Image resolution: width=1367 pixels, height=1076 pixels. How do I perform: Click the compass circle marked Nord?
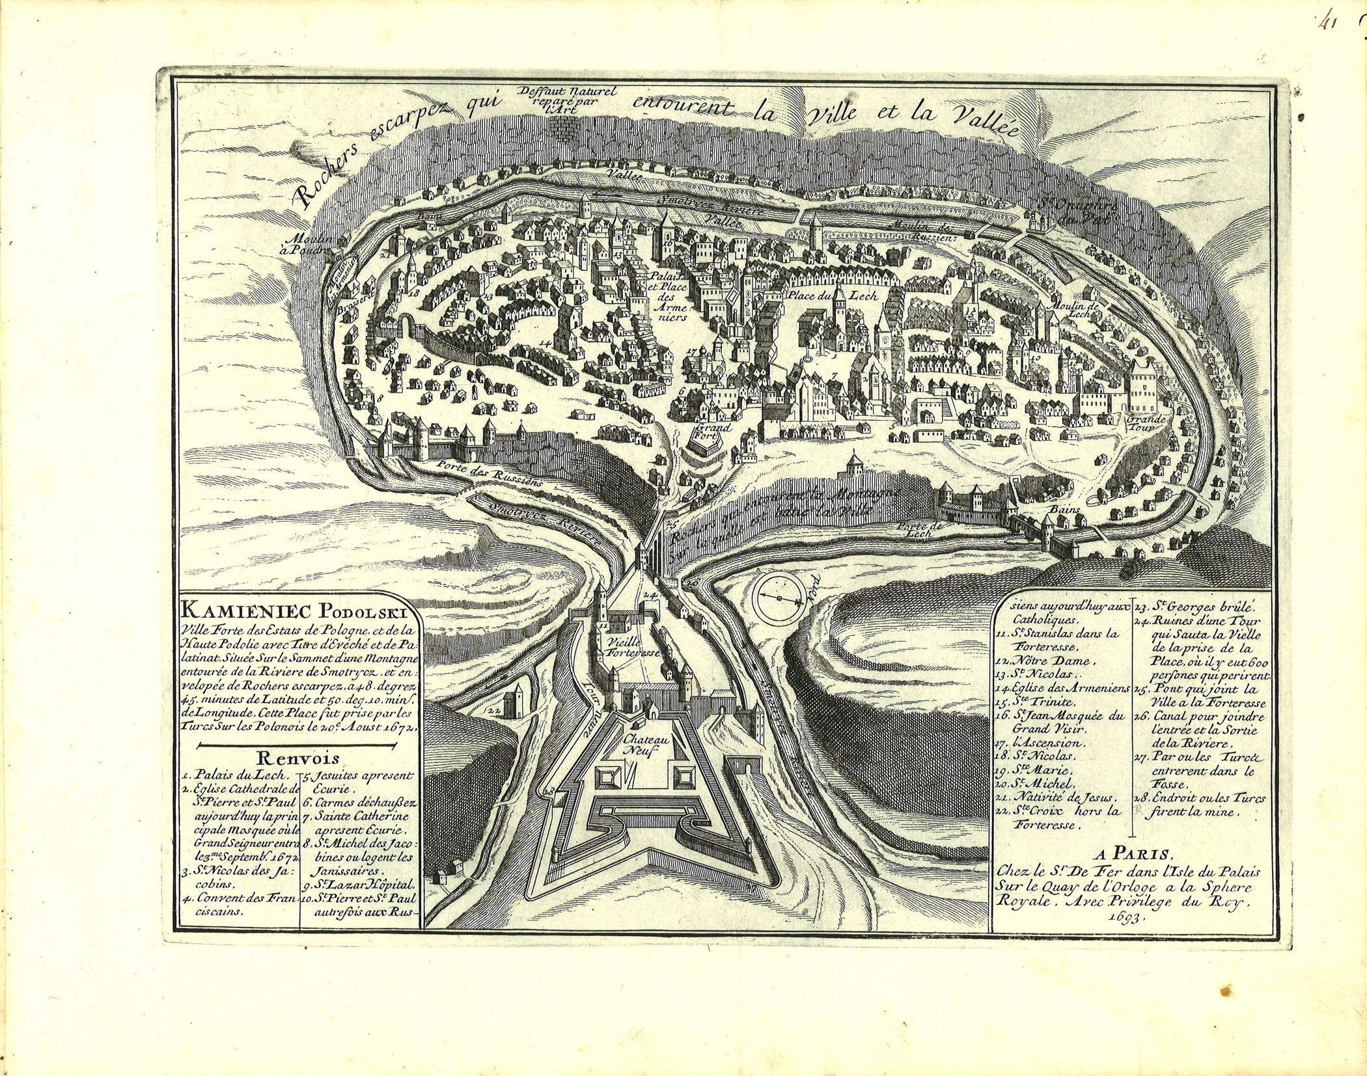[x=778, y=597]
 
